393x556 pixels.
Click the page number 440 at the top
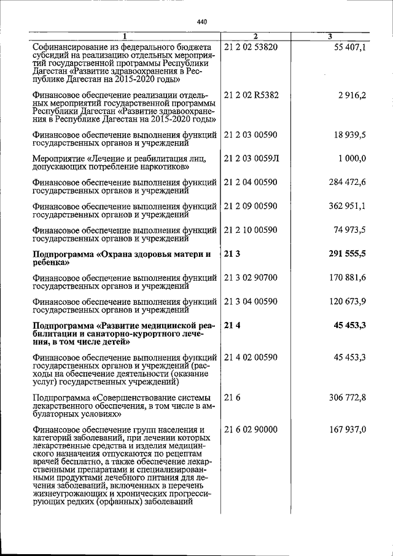[x=202, y=22]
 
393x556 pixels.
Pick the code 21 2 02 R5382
[x=252, y=96]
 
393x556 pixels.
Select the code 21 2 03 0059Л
[x=252, y=159]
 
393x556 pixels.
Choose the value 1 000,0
[x=352, y=159]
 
